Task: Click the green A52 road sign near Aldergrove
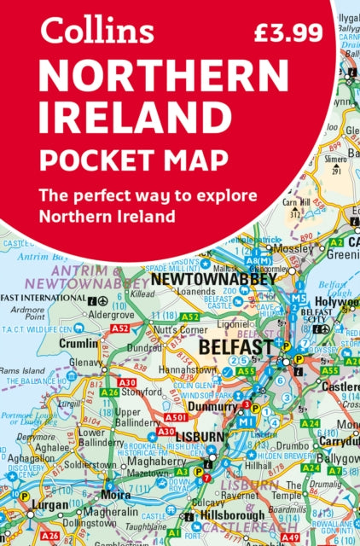click(119, 328)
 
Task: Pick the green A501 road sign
click(175, 418)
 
